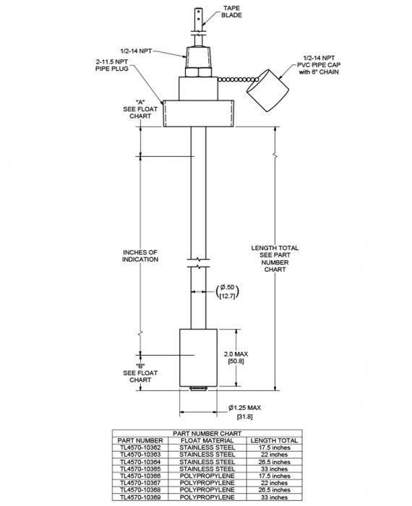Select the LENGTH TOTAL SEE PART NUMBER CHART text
(x=274, y=259)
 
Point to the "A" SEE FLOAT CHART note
(x=140, y=109)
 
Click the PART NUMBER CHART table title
(x=205, y=434)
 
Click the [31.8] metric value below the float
(x=244, y=417)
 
